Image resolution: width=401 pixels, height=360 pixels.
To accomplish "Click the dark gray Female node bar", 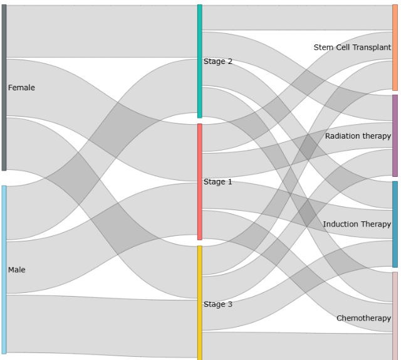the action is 4,87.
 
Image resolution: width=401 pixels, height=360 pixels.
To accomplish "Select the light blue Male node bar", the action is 4,270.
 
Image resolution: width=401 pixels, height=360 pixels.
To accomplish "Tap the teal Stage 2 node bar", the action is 200,61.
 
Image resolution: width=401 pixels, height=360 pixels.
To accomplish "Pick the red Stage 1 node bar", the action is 200,182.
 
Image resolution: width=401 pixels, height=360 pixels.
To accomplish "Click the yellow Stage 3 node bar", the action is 200,303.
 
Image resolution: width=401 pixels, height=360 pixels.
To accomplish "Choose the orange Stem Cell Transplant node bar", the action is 395,48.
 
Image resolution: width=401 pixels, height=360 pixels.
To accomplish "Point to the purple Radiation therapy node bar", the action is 395,135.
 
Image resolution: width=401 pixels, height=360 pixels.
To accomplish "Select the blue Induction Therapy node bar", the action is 395,225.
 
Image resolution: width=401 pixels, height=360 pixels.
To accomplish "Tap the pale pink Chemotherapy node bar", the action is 395,316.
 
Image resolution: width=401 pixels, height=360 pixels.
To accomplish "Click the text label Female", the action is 21,88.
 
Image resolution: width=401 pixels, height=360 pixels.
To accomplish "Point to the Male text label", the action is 17,270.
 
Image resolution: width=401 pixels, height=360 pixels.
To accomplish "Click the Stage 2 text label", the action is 218,61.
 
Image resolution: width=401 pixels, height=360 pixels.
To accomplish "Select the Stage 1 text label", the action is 218,182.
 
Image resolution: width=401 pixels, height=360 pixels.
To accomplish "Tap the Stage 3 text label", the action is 218,304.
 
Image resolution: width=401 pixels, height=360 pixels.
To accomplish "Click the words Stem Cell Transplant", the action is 352,48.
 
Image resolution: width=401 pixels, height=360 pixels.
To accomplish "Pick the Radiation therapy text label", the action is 358,136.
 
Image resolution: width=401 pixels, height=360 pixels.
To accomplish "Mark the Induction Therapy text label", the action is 357,225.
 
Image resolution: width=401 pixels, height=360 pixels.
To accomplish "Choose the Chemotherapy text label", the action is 363,318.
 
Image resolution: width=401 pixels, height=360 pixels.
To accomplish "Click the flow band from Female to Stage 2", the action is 102,31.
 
